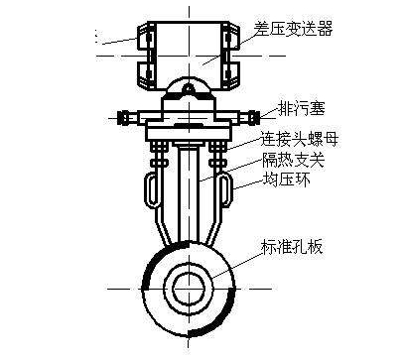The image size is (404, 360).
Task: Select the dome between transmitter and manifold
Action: pyautogui.click(x=189, y=93)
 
